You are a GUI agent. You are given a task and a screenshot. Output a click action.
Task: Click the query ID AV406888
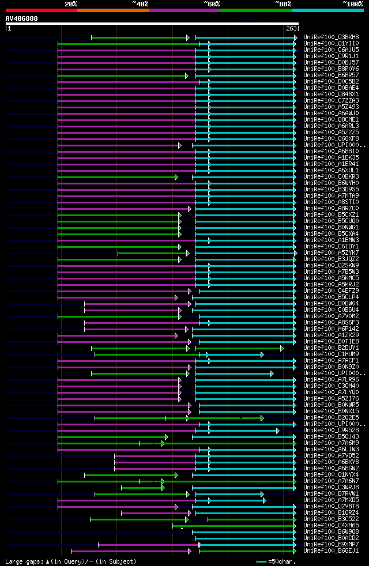coord(21,18)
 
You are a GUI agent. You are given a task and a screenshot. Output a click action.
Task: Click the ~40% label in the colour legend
coord(140,4)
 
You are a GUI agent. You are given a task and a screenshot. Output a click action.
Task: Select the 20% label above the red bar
coord(70,4)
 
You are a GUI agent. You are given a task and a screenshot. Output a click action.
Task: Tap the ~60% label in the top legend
coord(212,4)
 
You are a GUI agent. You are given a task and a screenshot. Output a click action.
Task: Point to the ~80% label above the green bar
coord(283,4)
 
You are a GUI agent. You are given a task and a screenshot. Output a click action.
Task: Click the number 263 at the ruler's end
coord(291,28)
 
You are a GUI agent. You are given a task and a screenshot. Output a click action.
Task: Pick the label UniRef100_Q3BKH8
coord(330,37)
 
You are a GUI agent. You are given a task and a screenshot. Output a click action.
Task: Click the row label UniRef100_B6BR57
coord(330,75)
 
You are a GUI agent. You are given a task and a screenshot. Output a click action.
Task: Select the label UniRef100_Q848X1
coord(330,94)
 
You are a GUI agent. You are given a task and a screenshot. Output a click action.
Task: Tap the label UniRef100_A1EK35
coord(330,157)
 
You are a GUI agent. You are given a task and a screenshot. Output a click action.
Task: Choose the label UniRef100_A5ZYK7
coord(330,252)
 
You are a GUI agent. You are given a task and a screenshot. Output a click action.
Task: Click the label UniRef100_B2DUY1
coord(330,348)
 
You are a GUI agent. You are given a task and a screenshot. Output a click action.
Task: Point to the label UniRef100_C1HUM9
coord(330,354)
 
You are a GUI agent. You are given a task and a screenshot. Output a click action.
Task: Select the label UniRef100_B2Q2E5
coord(330,417)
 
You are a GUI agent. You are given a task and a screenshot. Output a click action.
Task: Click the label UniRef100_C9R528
coord(330,430)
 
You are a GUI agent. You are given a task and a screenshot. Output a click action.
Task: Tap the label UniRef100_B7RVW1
coord(330,493)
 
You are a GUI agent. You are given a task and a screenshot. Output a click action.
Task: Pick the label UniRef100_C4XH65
coord(330,525)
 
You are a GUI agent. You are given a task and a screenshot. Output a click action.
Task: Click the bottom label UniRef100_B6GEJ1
coord(330,550)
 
